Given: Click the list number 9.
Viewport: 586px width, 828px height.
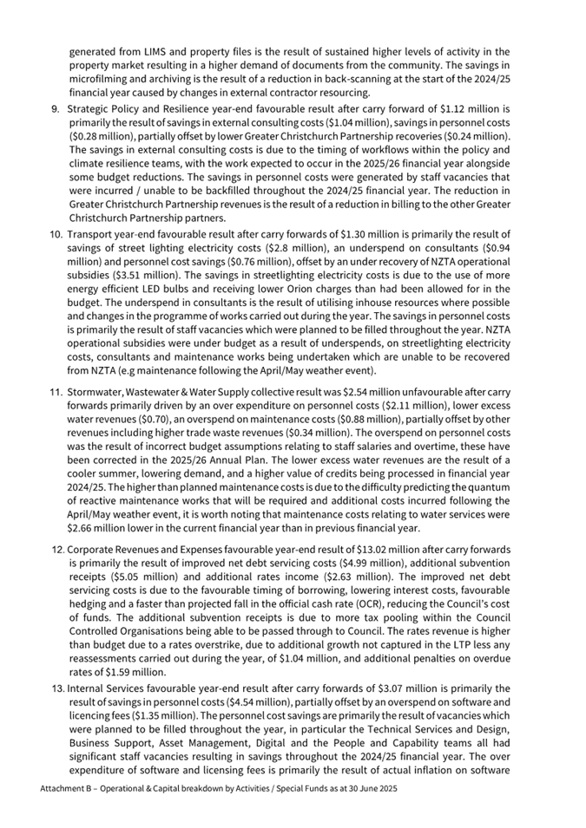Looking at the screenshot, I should [x=55, y=110].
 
